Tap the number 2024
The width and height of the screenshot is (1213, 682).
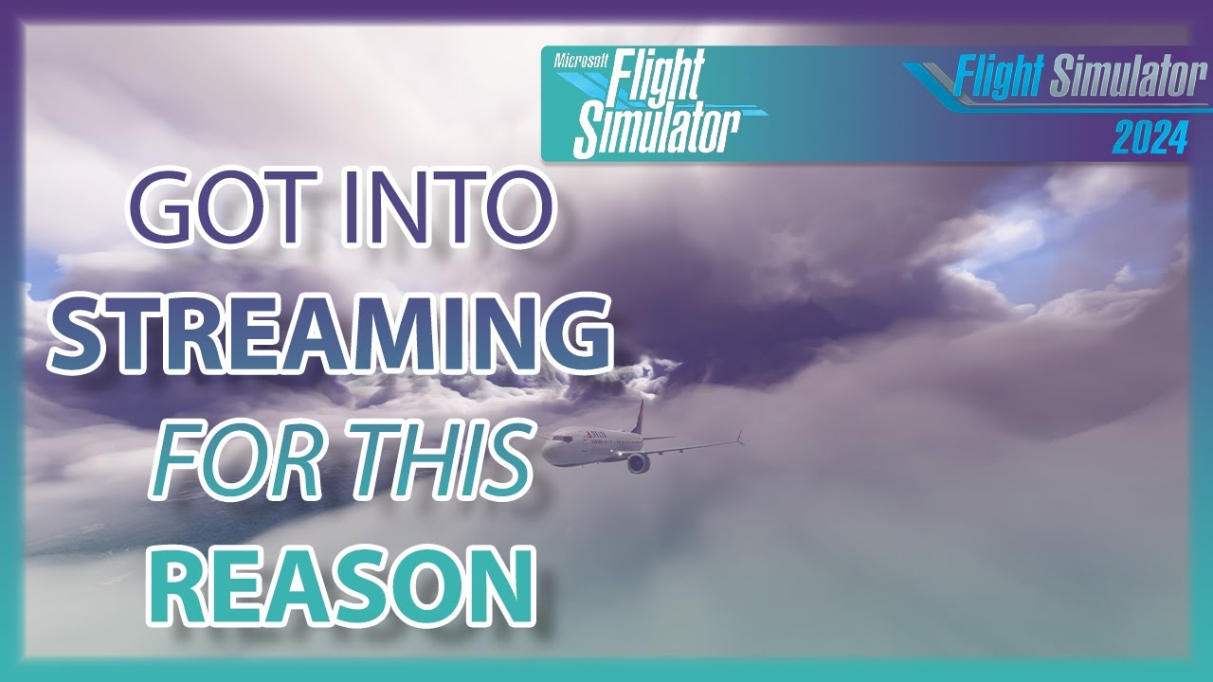pos(1150,139)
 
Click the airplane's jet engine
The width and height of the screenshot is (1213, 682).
pos(638,462)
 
